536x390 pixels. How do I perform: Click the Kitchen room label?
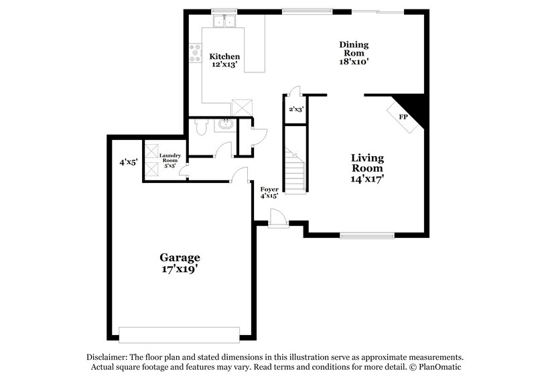point(224,56)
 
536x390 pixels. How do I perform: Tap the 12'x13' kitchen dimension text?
point(224,65)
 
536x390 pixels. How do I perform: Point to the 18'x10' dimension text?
point(353,60)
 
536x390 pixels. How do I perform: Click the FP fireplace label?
point(404,117)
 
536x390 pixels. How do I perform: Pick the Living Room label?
point(367,163)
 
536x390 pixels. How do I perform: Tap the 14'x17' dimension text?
point(367,179)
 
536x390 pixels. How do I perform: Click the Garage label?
point(180,257)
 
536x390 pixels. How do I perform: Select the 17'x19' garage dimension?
point(180,269)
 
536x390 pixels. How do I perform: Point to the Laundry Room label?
point(169,158)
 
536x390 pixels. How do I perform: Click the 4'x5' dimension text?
point(128,161)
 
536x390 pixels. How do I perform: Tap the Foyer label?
point(269,190)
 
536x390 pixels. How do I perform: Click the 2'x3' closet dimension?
point(295,109)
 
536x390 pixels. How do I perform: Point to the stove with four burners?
point(196,53)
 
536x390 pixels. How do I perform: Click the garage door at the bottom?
point(179,333)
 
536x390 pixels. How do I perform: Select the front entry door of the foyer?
point(277,218)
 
